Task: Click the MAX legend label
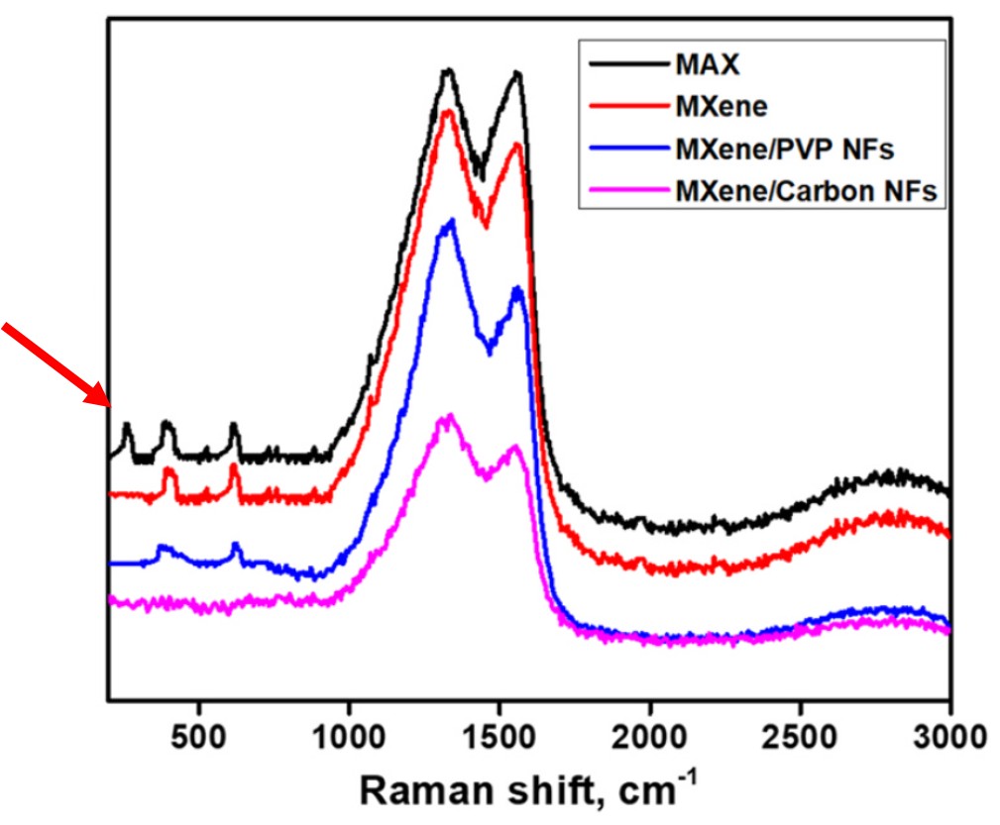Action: [708, 66]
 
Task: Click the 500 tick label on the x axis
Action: [199, 737]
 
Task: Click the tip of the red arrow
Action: [110, 404]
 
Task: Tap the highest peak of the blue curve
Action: [452, 221]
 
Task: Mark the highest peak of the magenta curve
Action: [450, 416]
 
